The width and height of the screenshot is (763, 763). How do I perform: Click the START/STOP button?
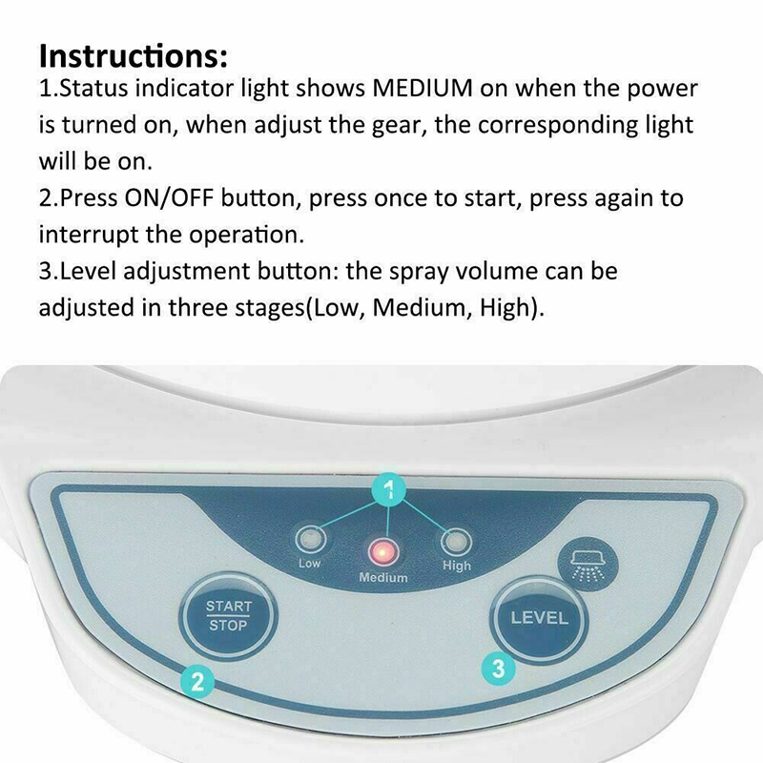(x=228, y=616)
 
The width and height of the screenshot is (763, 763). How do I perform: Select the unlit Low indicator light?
(x=311, y=540)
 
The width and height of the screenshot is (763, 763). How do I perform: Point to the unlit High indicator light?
(x=456, y=542)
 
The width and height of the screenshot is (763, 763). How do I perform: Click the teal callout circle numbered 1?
(x=388, y=488)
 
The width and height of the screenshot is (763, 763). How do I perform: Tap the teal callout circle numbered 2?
(x=197, y=682)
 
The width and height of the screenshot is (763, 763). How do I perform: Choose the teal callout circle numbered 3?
(x=499, y=669)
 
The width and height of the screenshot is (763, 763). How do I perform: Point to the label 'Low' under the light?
(x=309, y=564)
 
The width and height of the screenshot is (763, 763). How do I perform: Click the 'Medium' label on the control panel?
(x=383, y=578)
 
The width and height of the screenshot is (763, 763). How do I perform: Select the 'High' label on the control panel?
(x=457, y=566)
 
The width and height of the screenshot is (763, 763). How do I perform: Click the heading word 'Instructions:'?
(x=134, y=55)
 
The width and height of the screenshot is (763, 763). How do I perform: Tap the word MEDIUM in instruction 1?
(x=423, y=88)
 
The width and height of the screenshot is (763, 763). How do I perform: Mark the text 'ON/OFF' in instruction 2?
(x=169, y=197)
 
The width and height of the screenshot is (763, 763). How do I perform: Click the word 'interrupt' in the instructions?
(x=89, y=235)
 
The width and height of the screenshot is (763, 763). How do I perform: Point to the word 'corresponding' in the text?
(x=558, y=126)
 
